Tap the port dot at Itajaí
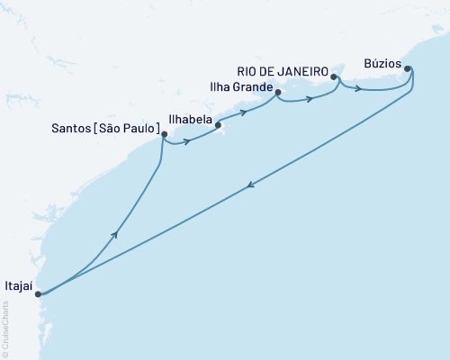click(x=38, y=293)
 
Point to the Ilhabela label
click(x=189, y=117)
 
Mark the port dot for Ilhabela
click(x=218, y=125)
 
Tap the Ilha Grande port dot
click(x=278, y=92)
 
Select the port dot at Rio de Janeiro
click(x=334, y=77)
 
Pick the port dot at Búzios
click(x=408, y=68)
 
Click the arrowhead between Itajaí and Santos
click(x=115, y=234)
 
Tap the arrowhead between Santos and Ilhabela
click(x=186, y=141)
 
